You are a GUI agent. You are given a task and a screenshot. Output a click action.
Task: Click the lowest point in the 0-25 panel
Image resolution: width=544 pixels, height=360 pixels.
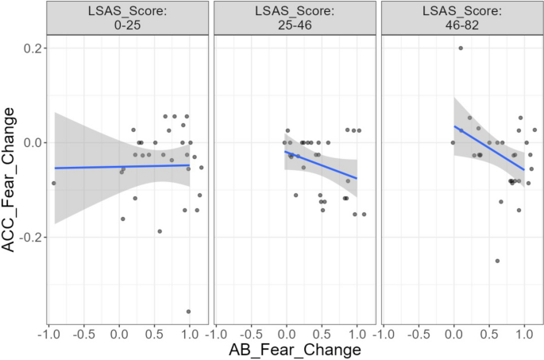click(x=188, y=312)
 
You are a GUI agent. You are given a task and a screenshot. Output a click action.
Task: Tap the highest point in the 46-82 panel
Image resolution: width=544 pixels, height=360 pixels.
click(x=461, y=48)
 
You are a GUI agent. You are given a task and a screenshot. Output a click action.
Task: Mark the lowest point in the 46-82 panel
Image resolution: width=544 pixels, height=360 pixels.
click(x=497, y=261)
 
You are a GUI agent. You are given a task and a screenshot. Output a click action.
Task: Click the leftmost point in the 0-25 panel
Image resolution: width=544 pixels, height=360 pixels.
click(x=54, y=184)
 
